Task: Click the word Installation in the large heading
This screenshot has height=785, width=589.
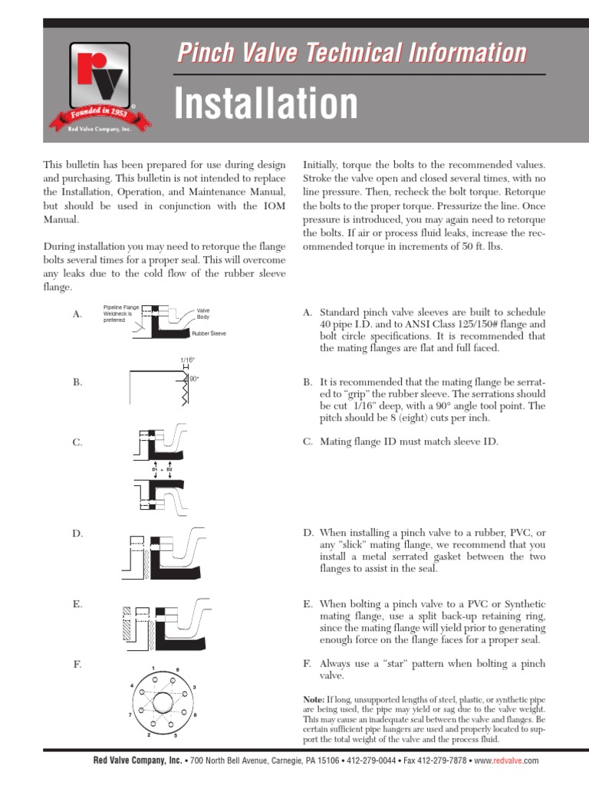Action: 266,103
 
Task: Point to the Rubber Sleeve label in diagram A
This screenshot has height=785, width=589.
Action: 209,334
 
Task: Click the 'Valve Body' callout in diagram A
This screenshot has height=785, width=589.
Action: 203,313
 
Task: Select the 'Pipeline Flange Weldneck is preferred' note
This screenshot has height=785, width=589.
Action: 121,313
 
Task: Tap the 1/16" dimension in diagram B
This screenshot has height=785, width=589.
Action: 187,360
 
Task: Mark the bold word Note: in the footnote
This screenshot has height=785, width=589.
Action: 314,700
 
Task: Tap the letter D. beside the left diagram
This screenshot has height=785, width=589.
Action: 77,533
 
